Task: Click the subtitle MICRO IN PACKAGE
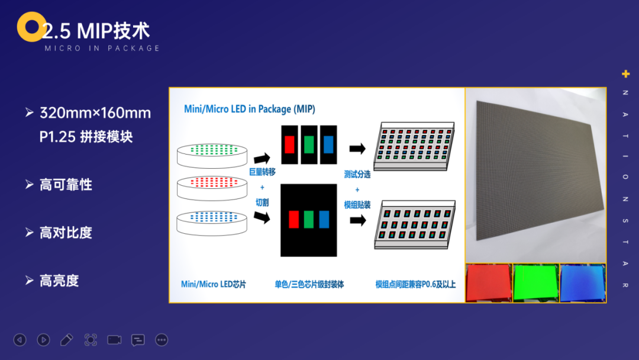[x=102, y=48]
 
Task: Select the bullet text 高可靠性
[x=66, y=185]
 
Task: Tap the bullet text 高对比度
[x=66, y=233]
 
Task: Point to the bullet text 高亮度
[x=59, y=281]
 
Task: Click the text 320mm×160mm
[x=95, y=113]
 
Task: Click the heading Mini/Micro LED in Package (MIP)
[x=250, y=109]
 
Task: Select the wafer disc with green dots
[x=212, y=155]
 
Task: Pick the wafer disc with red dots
[x=212, y=188]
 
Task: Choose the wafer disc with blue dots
[x=212, y=223]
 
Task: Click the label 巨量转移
[x=262, y=172]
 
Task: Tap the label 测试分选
[x=357, y=175]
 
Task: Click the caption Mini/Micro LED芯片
[x=213, y=284]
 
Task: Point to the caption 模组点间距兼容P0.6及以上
[x=415, y=284]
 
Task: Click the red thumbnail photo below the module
[x=489, y=283]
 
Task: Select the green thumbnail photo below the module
[x=536, y=283]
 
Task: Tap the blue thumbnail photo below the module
[x=583, y=283]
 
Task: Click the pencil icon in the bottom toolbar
[x=66, y=340]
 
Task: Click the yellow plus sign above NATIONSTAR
[x=625, y=74]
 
